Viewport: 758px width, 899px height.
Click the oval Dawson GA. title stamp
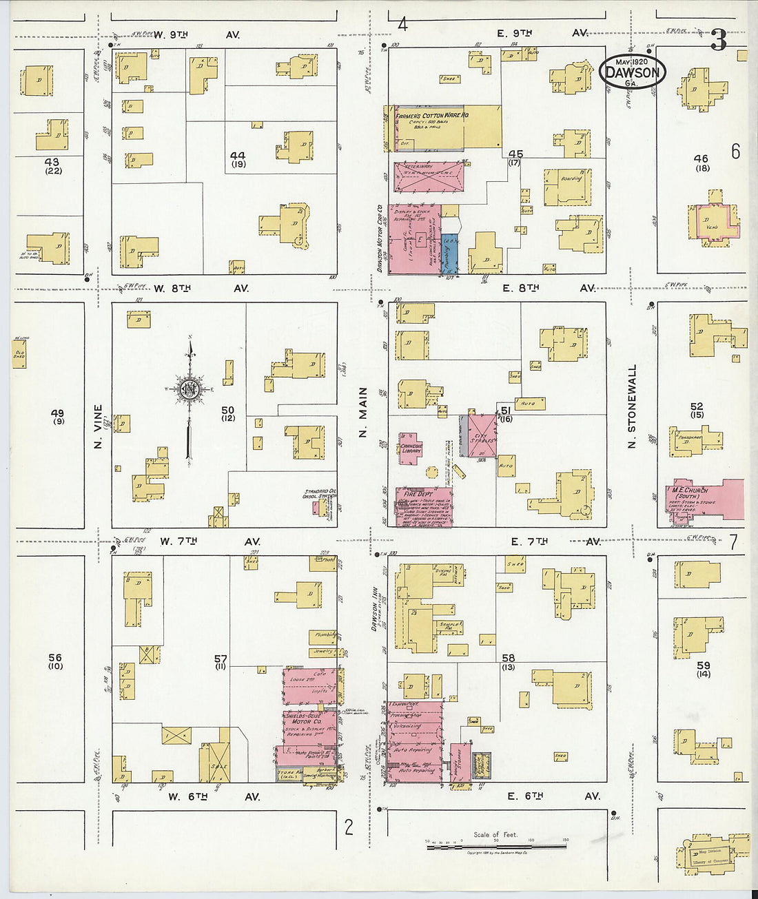pyautogui.click(x=632, y=72)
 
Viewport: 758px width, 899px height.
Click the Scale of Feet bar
pyautogui.click(x=496, y=845)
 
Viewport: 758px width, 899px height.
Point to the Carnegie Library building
pyautogui.click(x=411, y=448)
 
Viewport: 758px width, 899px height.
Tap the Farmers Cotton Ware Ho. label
pyautogui.click(x=431, y=116)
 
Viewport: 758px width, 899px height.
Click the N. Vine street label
pyautogui.click(x=98, y=426)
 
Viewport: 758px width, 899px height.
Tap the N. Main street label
pyautogui.click(x=363, y=422)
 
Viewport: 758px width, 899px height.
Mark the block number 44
pyautogui.click(x=238, y=156)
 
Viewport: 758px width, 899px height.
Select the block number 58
pyautogui.click(x=509, y=659)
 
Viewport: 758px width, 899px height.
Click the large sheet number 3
pyautogui.click(x=718, y=41)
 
